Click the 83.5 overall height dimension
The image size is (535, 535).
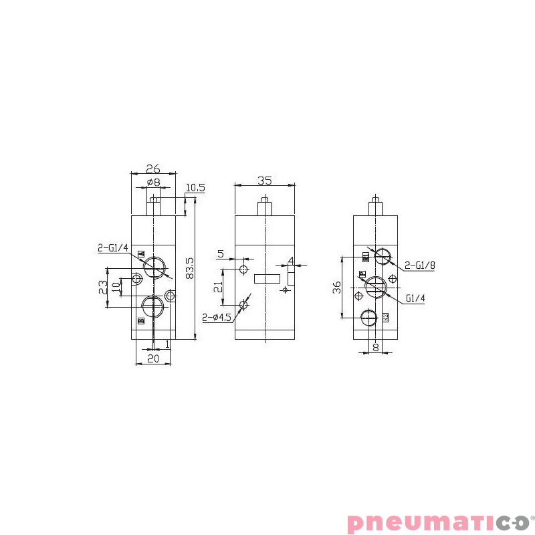click(189, 267)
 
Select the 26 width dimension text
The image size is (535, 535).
click(153, 169)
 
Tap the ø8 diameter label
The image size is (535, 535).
click(153, 182)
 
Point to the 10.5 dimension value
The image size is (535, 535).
click(195, 188)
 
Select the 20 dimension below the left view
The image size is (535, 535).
click(153, 359)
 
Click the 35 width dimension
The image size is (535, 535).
click(264, 180)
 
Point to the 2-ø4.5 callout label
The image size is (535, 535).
click(217, 318)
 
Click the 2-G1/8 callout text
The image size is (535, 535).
click(420, 265)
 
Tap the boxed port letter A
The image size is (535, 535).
click(141, 254)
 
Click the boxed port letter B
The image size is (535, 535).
click(141, 322)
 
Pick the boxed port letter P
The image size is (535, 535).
click(362, 274)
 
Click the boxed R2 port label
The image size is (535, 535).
click(386, 317)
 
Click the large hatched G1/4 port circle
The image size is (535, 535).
click(376, 288)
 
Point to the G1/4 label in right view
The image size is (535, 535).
click(415, 298)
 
